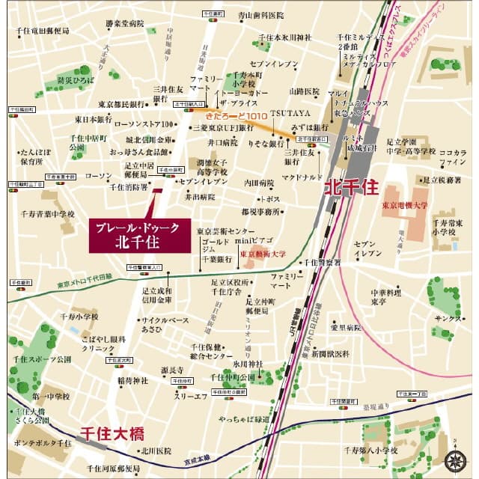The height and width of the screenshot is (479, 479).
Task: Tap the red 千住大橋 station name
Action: click(x=112, y=433)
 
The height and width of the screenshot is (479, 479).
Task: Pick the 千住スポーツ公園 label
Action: click(x=42, y=360)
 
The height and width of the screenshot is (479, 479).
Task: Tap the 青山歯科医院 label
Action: click(x=261, y=16)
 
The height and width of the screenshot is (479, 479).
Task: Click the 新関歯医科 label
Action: click(x=330, y=353)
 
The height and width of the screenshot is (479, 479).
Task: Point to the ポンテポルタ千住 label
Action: click(x=43, y=443)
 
